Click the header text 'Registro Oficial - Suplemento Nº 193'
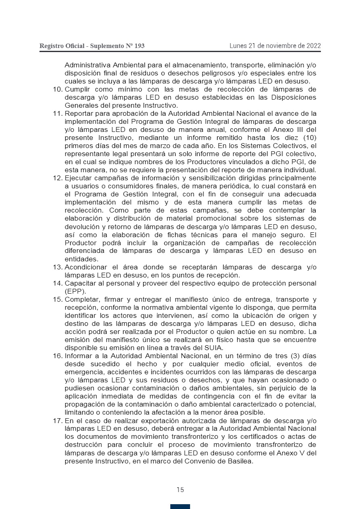point(92,46)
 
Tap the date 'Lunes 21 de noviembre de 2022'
point(275,46)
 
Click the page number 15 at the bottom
point(180,490)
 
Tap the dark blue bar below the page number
point(180,506)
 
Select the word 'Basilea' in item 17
point(239,461)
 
